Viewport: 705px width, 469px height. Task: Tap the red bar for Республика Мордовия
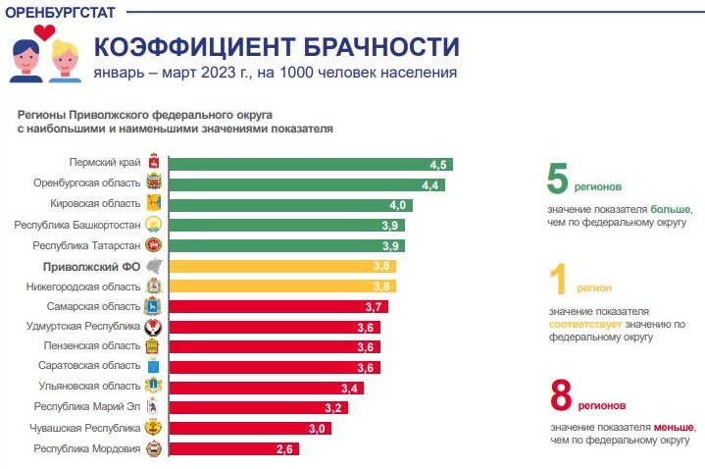234,448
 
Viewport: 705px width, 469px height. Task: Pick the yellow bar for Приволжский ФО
283,266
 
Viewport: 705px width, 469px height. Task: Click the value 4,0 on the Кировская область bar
397,204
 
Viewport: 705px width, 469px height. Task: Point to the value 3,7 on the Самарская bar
374,306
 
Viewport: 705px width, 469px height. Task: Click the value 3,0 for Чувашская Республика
317,428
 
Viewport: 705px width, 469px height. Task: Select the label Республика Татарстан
86,245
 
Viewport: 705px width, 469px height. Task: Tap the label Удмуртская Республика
86,326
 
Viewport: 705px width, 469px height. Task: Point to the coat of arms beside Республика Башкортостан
153,225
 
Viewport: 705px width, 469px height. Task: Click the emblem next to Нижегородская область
153,287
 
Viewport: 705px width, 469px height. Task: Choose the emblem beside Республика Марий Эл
153,407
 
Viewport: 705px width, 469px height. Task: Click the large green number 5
557,182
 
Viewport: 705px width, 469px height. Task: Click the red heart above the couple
44,31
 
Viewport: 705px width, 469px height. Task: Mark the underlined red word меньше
675,428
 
